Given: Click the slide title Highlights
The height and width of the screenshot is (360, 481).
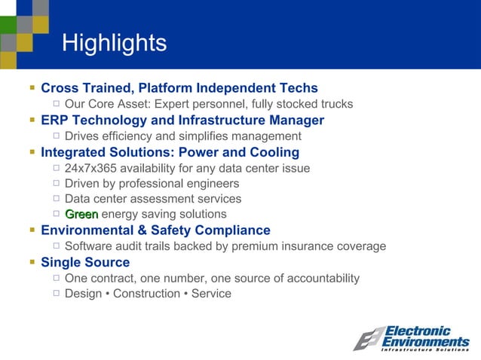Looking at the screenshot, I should tap(114, 43).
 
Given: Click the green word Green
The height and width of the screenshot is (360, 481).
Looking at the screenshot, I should tap(81, 215).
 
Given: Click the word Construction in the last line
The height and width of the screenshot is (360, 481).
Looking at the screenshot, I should tap(146, 294).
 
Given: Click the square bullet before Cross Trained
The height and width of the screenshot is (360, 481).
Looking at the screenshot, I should tap(32, 88).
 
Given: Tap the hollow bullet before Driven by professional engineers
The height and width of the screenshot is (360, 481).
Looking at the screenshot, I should tap(57, 184).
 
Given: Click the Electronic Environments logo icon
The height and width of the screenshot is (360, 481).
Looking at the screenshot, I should tap(369, 338).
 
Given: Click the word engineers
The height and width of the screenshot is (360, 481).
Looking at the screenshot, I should tap(213, 184).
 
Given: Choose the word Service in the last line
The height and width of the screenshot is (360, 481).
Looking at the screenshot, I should tap(211, 294).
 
